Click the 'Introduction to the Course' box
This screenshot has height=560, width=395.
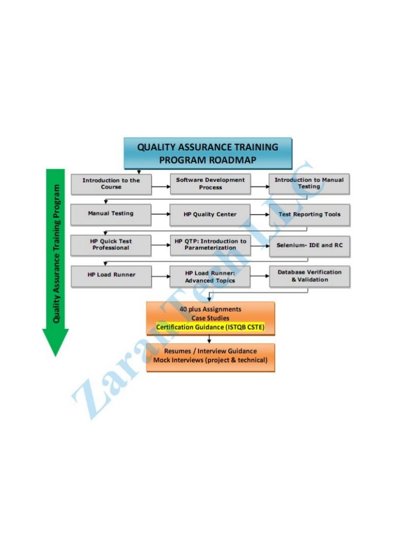pyautogui.click(x=111, y=184)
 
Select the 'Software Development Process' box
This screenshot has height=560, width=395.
pyautogui.click(x=210, y=184)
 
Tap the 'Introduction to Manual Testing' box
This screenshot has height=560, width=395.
pyautogui.click(x=309, y=184)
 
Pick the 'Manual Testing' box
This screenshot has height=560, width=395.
pyautogui.click(x=111, y=214)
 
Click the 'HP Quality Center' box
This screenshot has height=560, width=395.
pyautogui.click(x=210, y=214)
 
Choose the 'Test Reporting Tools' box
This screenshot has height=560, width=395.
pyautogui.click(x=309, y=214)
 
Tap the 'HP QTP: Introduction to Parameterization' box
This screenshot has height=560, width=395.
pyautogui.click(x=210, y=245)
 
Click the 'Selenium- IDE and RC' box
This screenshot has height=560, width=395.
pyautogui.click(x=309, y=245)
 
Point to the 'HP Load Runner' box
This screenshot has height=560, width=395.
pyautogui.click(x=111, y=275)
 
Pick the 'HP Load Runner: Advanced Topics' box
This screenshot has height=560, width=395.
pyautogui.click(x=210, y=277)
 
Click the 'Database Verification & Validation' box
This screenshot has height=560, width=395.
pyautogui.click(x=309, y=276)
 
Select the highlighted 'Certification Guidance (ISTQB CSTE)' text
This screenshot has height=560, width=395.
pyautogui.click(x=210, y=327)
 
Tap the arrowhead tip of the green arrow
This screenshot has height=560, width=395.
pyautogui.click(x=55, y=354)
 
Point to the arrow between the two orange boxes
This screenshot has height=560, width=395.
pyautogui.click(x=209, y=338)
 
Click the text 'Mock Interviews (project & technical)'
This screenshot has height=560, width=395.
pyautogui.click(x=210, y=360)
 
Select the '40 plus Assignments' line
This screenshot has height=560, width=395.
pyautogui.click(x=210, y=309)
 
